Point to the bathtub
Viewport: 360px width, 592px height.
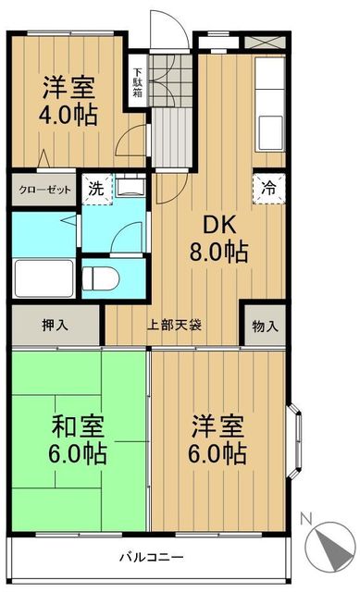[44, 276]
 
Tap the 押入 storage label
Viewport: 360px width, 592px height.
[54, 326]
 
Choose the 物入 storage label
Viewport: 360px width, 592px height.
[266, 326]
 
